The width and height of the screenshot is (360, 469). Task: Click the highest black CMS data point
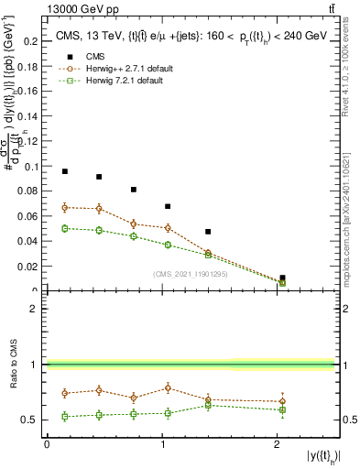pyautogui.click(x=65, y=171)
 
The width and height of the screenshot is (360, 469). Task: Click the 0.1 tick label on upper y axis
pyautogui.click(x=33, y=167)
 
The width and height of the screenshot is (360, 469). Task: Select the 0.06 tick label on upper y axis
pyautogui.click(x=31, y=217)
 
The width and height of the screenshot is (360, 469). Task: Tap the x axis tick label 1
pyautogui.click(x=162, y=444)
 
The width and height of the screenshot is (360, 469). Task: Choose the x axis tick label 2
pyautogui.click(x=277, y=444)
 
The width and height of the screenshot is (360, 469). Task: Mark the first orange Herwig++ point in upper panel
pyautogui.click(x=65, y=208)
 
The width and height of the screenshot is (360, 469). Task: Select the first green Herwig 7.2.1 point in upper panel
pyautogui.click(x=65, y=228)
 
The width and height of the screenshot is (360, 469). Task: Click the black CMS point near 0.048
pyautogui.click(x=208, y=232)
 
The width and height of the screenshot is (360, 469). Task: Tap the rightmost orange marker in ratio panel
pyautogui.click(x=282, y=401)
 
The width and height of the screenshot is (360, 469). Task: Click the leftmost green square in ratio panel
pyautogui.click(x=65, y=416)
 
